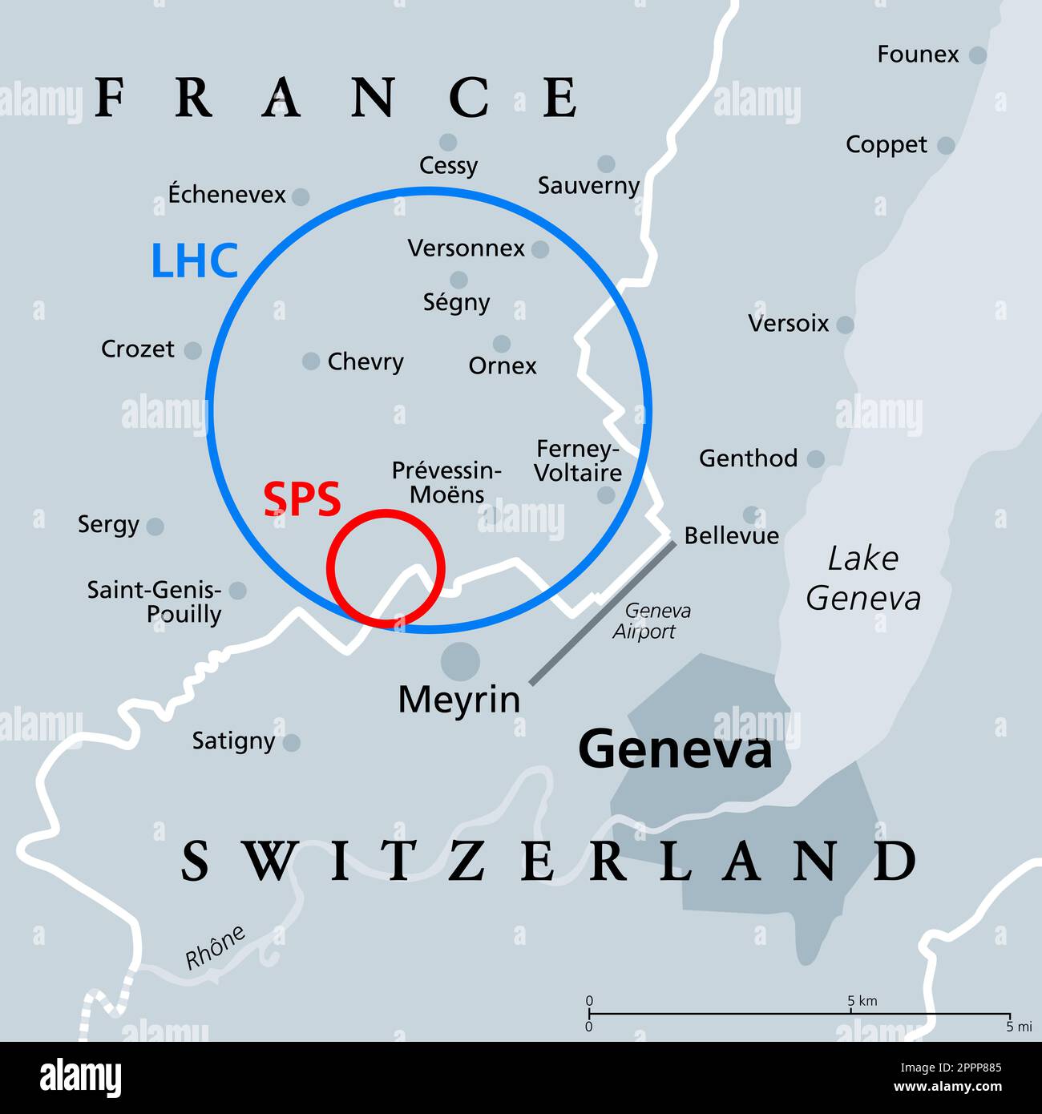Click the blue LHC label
click(195, 261)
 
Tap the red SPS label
click(302, 499)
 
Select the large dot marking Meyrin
click(460, 662)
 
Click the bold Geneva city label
click(675, 751)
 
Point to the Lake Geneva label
click(863, 578)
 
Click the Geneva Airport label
click(651, 621)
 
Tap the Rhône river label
click(215, 947)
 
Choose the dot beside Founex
click(977, 55)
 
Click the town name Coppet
click(886, 145)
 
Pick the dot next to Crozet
click(192, 350)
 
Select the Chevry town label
click(366, 362)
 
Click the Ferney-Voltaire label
click(577, 461)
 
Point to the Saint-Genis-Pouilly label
click(155, 603)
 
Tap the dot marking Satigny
click(292, 743)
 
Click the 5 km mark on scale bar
click(850, 1014)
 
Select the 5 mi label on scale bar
click(1019, 1027)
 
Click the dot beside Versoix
click(845, 325)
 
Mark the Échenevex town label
click(227, 195)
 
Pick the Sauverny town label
click(588, 186)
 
